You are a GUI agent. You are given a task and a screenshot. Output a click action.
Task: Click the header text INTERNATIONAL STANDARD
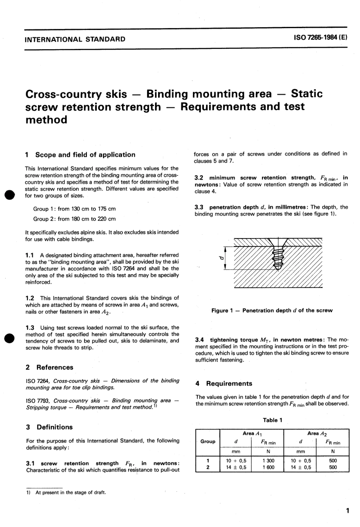point(75,39)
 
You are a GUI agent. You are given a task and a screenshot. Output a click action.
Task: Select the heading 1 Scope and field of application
point(80,155)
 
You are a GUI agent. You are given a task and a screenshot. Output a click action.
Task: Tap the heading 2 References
point(49,367)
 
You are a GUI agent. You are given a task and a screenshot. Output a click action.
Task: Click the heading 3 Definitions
point(49,427)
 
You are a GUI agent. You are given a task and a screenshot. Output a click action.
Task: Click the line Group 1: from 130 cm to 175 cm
point(74,209)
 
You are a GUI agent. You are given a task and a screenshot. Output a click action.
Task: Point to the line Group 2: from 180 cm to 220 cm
point(74,219)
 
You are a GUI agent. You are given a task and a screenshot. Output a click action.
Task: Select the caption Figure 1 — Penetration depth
point(272,311)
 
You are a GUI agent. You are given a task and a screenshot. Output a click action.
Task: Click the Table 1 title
point(272,420)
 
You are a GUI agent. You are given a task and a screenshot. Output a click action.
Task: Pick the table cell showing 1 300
point(268,461)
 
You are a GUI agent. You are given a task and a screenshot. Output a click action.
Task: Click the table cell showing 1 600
point(268,467)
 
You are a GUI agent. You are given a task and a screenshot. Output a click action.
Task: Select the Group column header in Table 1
point(208,441)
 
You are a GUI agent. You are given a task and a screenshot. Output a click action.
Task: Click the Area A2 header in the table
point(317,433)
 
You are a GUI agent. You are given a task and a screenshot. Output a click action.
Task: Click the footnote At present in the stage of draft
point(70,492)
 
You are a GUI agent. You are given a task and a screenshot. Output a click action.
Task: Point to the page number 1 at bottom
point(347,511)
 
